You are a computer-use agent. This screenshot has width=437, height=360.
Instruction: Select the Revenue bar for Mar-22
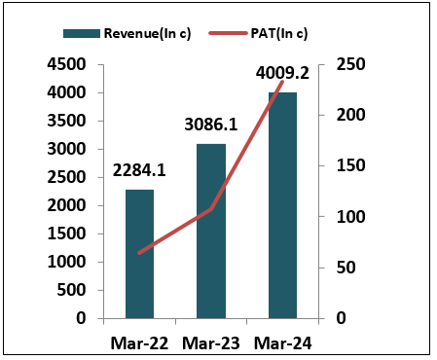(139, 254)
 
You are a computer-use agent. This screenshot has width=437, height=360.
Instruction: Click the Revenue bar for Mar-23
(211, 232)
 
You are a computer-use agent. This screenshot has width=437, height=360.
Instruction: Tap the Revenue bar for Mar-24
(282, 205)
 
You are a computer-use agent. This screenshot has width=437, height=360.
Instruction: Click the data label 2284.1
(139, 170)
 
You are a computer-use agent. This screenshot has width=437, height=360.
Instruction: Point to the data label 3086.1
(211, 125)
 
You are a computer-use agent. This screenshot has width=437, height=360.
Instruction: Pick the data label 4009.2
(282, 73)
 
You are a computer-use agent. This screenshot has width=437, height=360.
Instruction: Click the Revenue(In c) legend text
(147, 33)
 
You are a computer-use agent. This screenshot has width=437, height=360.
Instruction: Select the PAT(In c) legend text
(279, 33)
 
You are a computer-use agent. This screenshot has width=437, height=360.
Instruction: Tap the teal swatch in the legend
(82, 33)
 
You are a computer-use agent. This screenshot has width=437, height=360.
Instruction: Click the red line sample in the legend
(228, 33)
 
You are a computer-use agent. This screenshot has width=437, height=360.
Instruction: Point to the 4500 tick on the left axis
(67, 64)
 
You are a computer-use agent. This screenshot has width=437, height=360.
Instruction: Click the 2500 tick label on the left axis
(67, 177)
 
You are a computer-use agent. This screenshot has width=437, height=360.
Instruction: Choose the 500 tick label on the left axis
(72, 290)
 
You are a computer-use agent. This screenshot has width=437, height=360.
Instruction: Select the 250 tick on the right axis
(350, 64)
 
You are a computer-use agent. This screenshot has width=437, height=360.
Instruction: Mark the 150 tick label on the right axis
(350, 165)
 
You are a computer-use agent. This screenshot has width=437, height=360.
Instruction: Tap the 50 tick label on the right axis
(346, 268)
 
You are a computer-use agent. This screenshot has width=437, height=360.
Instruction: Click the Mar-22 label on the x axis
(139, 343)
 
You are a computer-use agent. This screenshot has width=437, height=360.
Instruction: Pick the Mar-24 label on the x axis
(282, 343)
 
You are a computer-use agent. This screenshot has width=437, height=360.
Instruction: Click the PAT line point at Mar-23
(211, 209)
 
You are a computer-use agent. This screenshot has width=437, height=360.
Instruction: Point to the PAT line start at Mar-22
(139, 253)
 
